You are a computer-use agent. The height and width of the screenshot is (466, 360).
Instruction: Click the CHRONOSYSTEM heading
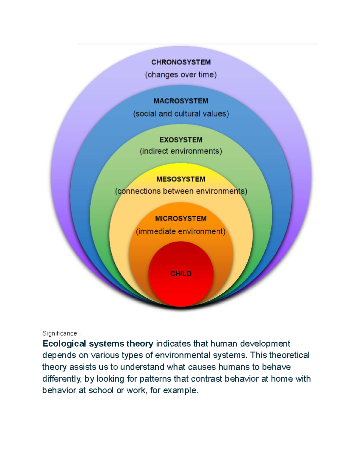pyautogui.click(x=181, y=62)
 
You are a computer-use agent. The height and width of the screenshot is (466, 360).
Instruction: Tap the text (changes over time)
pyautogui.click(x=181, y=75)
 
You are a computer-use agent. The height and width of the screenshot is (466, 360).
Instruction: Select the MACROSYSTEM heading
pyautogui.click(x=181, y=101)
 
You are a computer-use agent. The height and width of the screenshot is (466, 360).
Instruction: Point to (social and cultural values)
pyautogui.click(x=181, y=114)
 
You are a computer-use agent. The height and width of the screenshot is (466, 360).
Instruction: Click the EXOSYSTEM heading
pyautogui.click(x=181, y=140)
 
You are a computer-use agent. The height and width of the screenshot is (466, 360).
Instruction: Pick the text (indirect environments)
pyautogui.click(x=181, y=151)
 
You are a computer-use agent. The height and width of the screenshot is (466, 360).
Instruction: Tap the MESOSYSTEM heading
pyautogui.click(x=181, y=179)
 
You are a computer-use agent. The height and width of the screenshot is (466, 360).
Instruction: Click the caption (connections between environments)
pyautogui.click(x=181, y=191)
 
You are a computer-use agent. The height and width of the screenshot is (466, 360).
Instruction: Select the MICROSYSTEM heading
pyautogui.click(x=181, y=219)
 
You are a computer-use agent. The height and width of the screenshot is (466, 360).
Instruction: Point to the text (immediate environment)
pyautogui.click(x=181, y=232)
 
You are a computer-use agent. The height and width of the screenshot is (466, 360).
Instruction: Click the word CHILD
pyautogui.click(x=181, y=274)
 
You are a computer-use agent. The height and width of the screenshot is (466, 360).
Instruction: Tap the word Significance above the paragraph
pyautogui.click(x=60, y=333)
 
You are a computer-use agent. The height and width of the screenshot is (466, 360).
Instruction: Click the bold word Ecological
pyautogui.click(x=64, y=344)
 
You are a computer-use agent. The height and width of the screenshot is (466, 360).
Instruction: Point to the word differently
pyautogui.click(x=62, y=379)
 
